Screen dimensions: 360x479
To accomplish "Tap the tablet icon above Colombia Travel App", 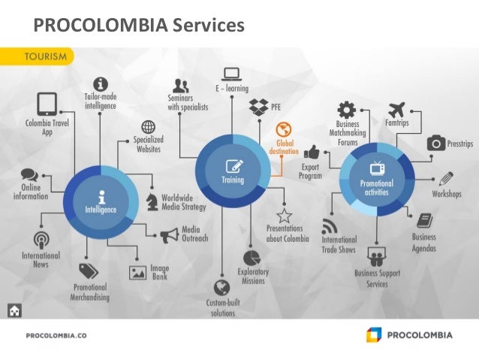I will coord(47,103).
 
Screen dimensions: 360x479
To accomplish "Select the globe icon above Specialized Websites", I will coord(149,127).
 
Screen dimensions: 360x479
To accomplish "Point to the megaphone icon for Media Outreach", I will coord(169,235).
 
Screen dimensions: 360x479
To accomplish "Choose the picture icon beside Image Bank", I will coord(137,273).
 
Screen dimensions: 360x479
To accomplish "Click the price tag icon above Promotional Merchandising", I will coord(89,271).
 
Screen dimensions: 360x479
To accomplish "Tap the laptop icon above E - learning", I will coord(231,74).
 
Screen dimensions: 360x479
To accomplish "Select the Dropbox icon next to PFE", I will coord(259,107).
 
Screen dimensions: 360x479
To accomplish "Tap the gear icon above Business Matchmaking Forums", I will coord(346,109).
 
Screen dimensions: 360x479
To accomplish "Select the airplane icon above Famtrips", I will coord(398,110).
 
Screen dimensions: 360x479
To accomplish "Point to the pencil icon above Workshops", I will coord(446,179).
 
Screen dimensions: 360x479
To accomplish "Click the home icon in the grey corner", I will coord(14,310).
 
